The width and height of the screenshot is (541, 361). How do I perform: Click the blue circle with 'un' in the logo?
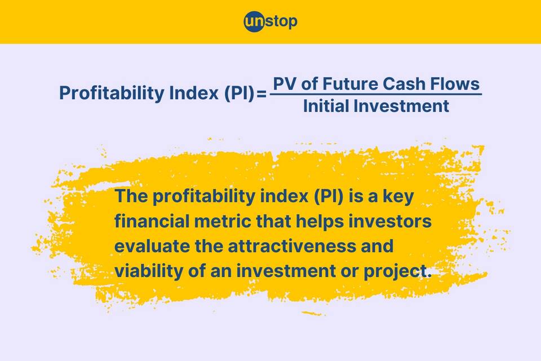point(255,22)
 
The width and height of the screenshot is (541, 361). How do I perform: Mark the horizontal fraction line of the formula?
point(376,94)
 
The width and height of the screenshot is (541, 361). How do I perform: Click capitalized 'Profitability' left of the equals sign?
point(112,93)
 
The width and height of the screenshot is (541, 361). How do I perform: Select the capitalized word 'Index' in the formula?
point(193,93)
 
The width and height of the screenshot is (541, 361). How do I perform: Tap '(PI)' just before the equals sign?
point(239,93)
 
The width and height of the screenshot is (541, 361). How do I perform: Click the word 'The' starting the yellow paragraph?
point(131,196)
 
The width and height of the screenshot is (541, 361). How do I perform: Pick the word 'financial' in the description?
point(152,221)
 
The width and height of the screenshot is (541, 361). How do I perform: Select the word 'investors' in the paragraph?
point(390,221)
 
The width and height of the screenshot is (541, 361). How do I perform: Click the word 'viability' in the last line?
point(149,271)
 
